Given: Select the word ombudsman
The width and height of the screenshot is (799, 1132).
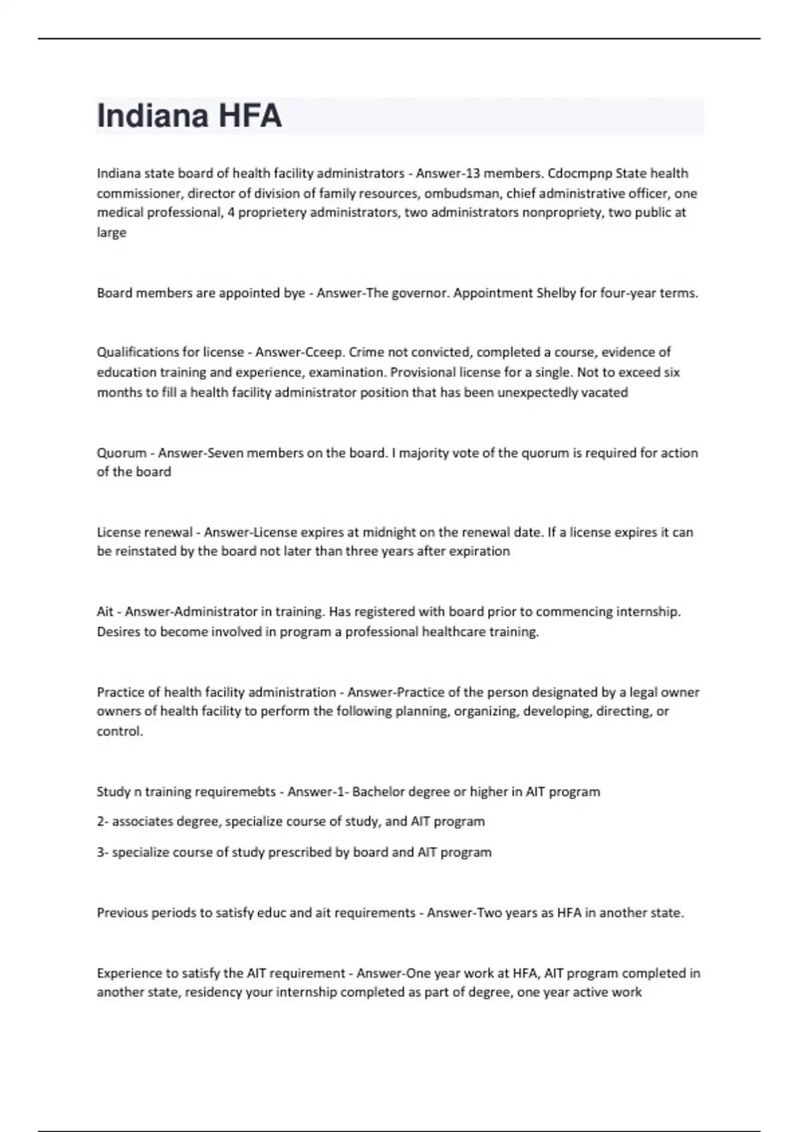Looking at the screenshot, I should tap(462, 193).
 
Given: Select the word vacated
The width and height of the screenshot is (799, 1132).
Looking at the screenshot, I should tap(605, 392).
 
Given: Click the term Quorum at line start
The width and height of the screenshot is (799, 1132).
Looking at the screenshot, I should tap(121, 453).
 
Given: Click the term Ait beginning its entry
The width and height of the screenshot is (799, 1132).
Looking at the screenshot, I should tap(105, 611).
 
